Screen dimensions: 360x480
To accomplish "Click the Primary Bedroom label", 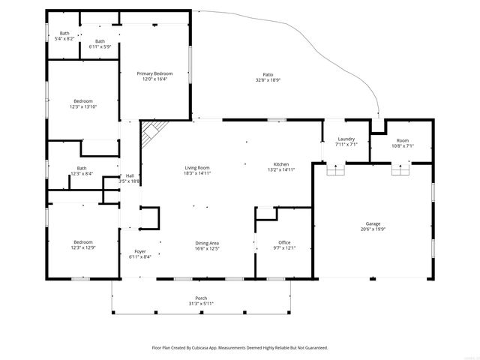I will point(154,73).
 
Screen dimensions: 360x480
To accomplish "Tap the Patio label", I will point(268,73).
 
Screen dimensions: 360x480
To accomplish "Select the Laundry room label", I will point(346,139).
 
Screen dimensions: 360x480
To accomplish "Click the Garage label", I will point(373,223).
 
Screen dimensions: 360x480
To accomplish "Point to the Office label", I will point(283,242).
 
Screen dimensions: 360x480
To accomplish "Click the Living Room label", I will point(197,167).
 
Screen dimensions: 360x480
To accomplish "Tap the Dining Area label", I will point(207,242).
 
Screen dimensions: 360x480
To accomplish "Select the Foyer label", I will point(140,251).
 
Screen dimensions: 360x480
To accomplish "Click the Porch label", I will point(201,298).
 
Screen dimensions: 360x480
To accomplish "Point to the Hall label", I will point(129,176).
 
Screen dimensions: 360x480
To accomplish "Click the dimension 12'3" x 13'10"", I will point(83,106).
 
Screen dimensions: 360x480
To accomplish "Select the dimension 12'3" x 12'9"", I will point(83,247).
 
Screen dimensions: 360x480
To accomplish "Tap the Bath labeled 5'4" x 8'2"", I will point(65,37).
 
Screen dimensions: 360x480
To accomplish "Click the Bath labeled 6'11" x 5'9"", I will point(100,46).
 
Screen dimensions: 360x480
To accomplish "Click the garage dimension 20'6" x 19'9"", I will point(373,229).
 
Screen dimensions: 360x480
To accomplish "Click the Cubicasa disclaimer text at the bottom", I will point(240,347).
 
